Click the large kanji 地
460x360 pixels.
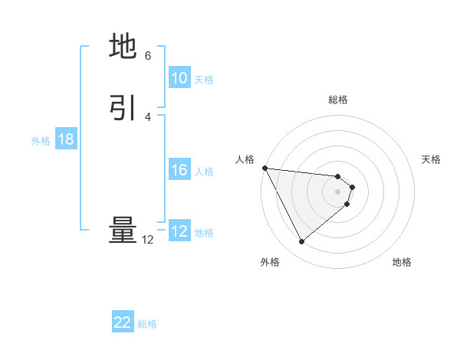pos(123,47)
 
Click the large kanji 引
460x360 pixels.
pos(123,108)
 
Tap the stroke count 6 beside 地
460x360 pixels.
pos(148,56)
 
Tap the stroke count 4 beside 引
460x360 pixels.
pos(148,116)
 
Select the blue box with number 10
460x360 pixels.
pos(179,78)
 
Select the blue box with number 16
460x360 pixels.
pos(179,170)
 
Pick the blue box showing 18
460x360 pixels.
pos(66,139)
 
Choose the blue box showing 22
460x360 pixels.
pos(123,322)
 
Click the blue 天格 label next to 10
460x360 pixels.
pos(204,80)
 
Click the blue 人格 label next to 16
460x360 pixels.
pos(204,172)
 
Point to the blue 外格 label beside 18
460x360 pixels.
pos(41,141)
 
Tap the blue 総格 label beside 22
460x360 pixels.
pos(147,324)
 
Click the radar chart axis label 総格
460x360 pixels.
pos(338,100)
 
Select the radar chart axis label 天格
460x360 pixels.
pos(432,159)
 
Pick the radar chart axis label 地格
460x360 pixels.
pos(402,263)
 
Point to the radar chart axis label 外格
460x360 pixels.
pos(270,263)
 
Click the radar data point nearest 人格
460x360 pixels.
pos(264,168)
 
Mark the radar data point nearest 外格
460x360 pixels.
pos(302,242)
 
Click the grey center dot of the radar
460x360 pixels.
pos(338,191)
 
